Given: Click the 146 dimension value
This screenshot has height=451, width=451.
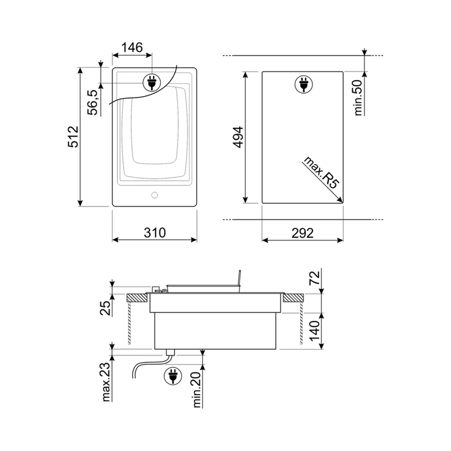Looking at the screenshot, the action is [x=132, y=47].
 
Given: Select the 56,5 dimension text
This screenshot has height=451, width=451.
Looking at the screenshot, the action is [x=92, y=102].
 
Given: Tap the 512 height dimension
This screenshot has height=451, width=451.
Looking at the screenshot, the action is [x=73, y=137].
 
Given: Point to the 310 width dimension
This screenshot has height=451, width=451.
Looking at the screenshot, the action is [x=154, y=233].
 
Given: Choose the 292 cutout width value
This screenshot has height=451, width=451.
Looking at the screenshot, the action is [x=302, y=233].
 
